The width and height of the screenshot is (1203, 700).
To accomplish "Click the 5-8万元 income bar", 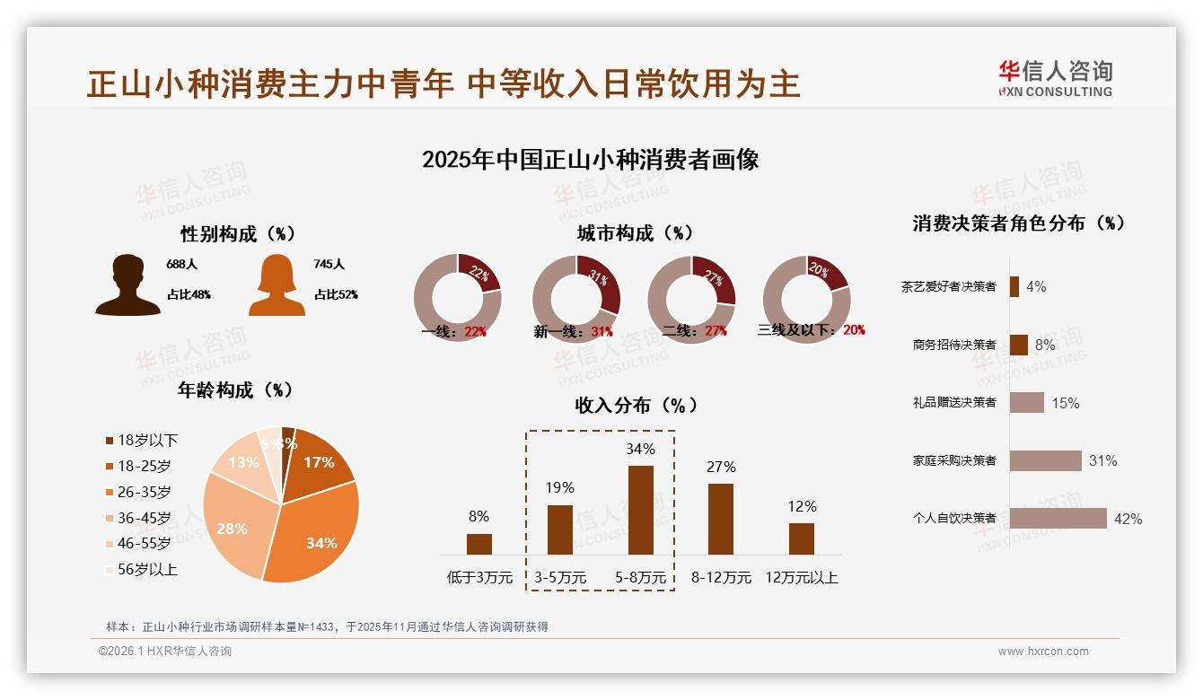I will pos(640,510).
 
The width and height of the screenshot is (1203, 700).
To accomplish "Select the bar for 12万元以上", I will pos(801,538).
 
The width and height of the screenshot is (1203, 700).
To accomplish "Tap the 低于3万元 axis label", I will pos(479,578).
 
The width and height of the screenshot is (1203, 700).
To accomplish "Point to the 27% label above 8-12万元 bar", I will pos(721,467).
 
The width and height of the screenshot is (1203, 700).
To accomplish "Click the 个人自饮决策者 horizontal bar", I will pos(1058,519).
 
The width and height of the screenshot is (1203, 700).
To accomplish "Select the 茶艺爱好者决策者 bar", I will pos(1014,286).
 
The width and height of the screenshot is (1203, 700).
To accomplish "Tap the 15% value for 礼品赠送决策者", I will pos(1065,403).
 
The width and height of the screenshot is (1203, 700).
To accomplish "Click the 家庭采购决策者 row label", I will pos(954,460).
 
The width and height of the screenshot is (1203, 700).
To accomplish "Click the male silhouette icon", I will pos(127,285).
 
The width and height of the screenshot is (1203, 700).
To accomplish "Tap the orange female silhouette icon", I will pos(277,285).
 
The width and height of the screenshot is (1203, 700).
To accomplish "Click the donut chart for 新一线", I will pos(575,298).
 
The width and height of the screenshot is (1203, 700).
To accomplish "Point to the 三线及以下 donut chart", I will pos(805,298).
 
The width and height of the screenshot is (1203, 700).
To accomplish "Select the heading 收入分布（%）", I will pos(636,405).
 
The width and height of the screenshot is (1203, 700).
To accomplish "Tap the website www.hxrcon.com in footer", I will pos(1043,652).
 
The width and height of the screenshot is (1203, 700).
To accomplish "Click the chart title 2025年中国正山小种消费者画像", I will pos(590,160).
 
